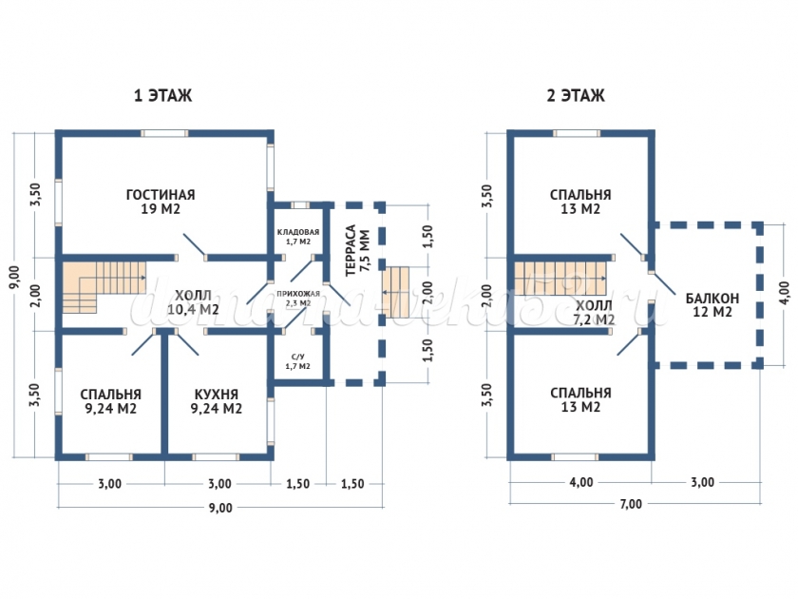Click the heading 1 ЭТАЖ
(x=163, y=96)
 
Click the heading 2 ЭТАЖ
(x=576, y=96)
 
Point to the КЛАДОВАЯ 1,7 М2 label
(x=298, y=237)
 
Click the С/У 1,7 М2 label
(x=298, y=360)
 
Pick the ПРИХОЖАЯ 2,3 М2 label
(x=298, y=299)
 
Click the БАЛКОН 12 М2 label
(x=712, y=304)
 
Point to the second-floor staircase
(x=560, y=281)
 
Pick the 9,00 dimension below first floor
(x=219, y=507)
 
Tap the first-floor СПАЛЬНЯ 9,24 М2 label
(x=111, y=401)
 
